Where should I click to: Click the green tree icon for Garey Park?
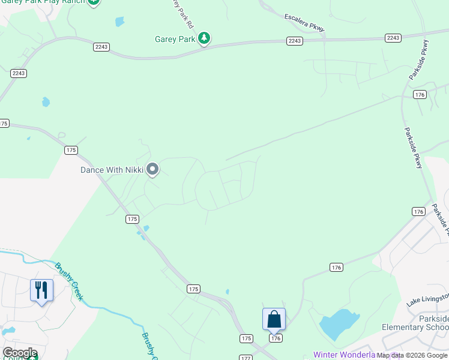coord(205,38)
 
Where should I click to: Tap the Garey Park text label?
coord(175,39)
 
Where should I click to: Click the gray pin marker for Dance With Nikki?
coord(152,169)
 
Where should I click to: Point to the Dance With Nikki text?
coord(112,170)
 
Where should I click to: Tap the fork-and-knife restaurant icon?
coord(41,290)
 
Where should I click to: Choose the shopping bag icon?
coord(274,319)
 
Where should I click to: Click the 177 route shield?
coord(245,358)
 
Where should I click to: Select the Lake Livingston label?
coord(427,299)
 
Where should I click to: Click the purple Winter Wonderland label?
coord(344,355)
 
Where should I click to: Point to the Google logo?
coord(19,353)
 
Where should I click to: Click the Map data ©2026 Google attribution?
coord(412,355)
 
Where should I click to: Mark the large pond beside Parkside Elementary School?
coord(340,325)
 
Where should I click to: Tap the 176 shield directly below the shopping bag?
coord(276,338)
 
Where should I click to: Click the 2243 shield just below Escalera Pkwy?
coord(294,41)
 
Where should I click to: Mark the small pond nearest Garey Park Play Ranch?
coord(119,22)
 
